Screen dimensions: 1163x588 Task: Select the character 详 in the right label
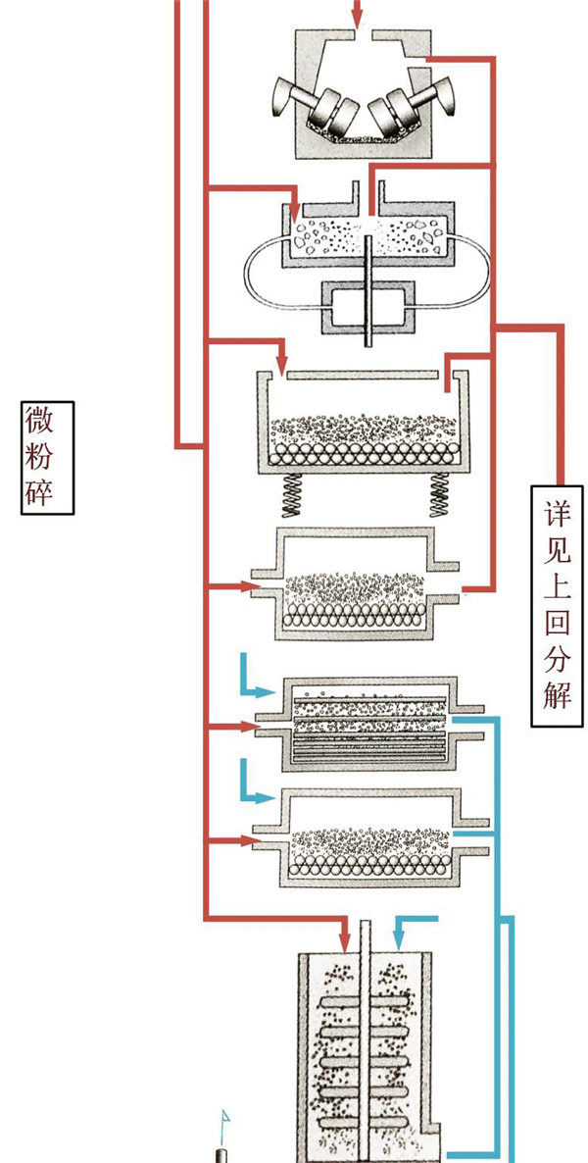pyautogui.click(x=557, y=513)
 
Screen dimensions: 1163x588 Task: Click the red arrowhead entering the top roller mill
pyautogui.click(x=357, y=19)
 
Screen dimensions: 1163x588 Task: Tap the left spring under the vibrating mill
pyautogui.click(x=293, y=494)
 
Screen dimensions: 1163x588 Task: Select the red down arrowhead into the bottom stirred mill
pyautogui.click(x=347, y=939)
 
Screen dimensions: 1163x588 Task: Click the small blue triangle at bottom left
pyautogui.click(x=224, y=1117)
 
